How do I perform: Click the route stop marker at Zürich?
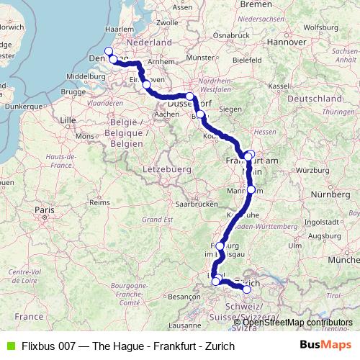coord(246,289)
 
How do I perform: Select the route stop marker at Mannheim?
coord(251,189)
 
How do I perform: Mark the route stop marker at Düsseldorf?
coord(190,96)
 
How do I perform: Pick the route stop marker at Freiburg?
coord(220,246)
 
